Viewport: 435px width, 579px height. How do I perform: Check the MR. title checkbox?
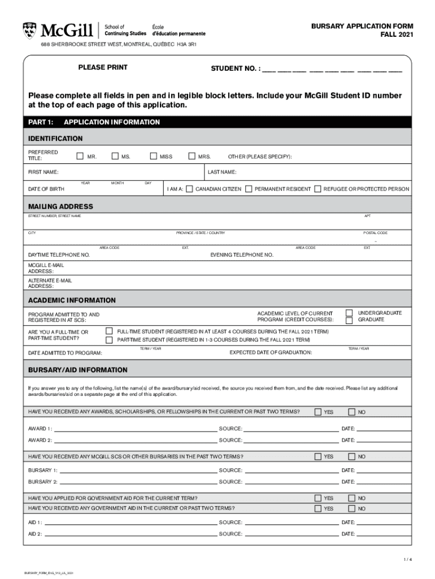80,156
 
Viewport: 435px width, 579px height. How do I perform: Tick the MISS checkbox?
153,156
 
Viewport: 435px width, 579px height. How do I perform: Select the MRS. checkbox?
191,156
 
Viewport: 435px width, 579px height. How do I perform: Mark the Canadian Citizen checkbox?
189,189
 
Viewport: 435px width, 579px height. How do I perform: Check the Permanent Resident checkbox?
249,189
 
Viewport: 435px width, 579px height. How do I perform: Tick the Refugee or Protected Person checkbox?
317,189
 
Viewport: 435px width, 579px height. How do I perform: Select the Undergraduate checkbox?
349,313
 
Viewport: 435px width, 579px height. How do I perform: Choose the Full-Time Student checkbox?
109,331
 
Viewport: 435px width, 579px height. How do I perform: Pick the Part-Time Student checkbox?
109,340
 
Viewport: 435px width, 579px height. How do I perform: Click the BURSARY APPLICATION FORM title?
362,27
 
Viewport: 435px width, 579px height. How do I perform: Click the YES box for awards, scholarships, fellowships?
318,412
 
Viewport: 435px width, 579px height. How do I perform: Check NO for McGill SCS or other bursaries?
351,456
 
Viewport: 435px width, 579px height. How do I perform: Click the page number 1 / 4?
407,560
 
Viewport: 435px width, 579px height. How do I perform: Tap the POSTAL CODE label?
375,233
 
